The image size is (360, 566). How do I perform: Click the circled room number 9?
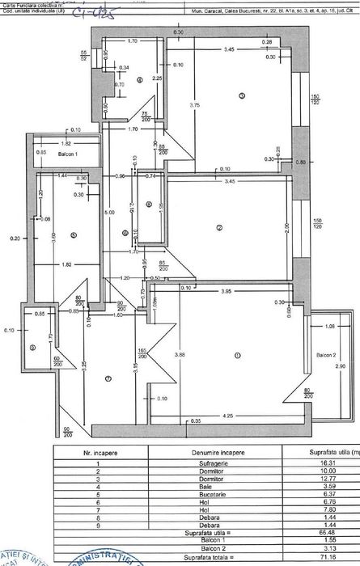tap(32, 348)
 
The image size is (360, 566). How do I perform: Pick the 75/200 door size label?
tap(144, 116)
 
